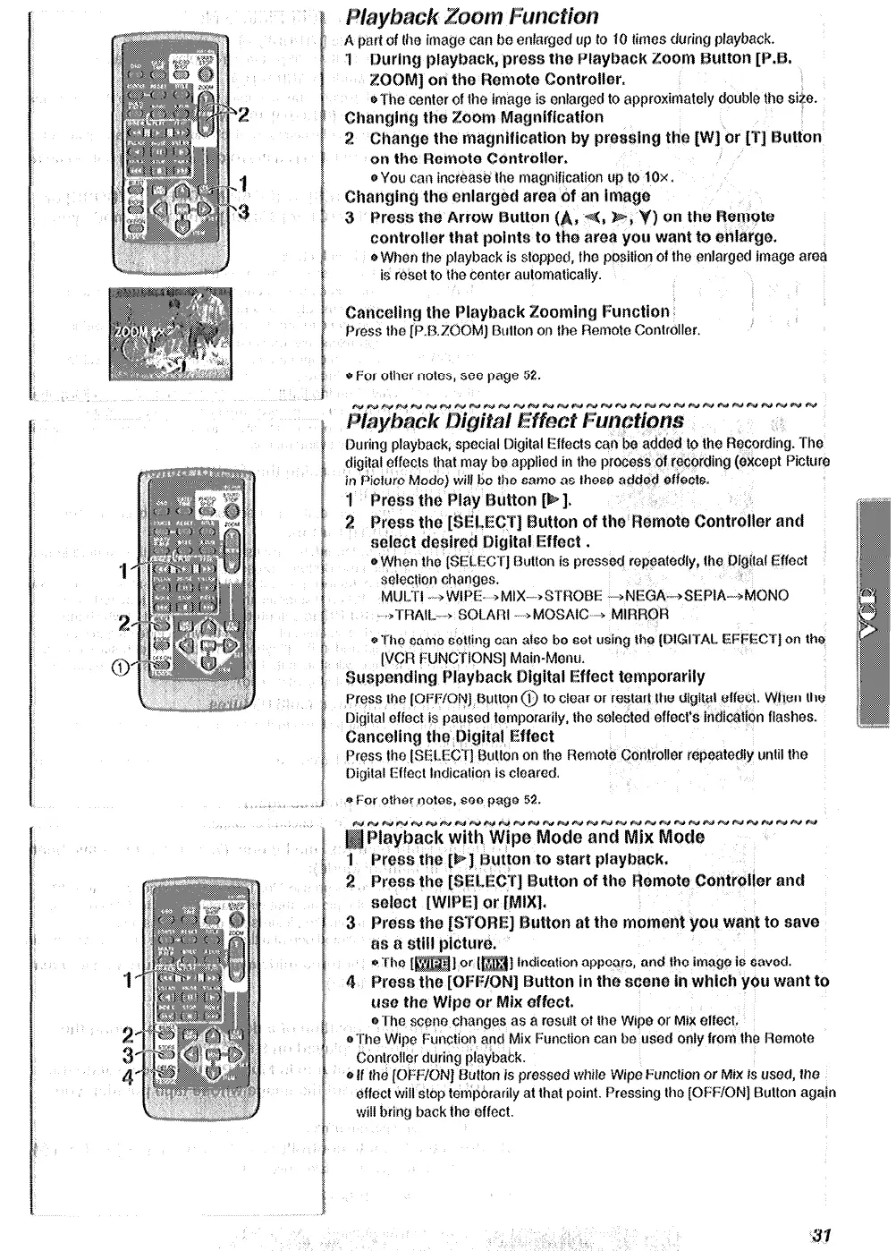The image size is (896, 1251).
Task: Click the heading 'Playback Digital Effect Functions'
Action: coord(514,421)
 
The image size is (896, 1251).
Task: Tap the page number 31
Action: coord(823,1235)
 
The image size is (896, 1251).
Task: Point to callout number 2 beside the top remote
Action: coord(243,114)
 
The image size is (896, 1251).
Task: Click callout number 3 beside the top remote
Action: coord(241,211)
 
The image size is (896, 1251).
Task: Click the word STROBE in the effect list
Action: coord(573,596)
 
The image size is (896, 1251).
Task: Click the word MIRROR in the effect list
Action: coord(638,615)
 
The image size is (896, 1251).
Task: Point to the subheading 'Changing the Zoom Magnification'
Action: coord(474,117)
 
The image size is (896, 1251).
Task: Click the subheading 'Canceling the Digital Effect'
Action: coord(449,736)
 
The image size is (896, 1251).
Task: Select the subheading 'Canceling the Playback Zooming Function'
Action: coord(507,312)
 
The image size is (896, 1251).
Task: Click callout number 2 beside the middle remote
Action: coord(126,622)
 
